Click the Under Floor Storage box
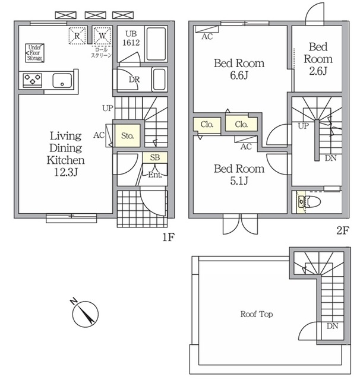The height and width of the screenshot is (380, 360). click(x=34, y=53)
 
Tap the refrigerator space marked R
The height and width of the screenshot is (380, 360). click(x=77, y=36)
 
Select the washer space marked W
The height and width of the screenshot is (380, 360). click(x=102, y=36)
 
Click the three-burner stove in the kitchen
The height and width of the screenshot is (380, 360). click(x=33, y=80)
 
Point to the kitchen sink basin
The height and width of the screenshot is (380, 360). click(x=62, y=80)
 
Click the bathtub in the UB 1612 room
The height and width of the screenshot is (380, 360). click(x=156, y=44)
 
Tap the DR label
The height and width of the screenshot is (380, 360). click(x=134, y=80)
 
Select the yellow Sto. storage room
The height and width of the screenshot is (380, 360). click(x=127, y=135)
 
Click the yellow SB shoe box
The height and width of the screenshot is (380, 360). click(x=155, y=157)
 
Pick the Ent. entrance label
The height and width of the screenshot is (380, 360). click(x=155, y=175)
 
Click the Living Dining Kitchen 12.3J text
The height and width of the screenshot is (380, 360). click(x=65, y=154)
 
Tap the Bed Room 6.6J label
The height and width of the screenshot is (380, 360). click(x=239, y=69)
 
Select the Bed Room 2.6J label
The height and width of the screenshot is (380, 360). click(x=318, y=59)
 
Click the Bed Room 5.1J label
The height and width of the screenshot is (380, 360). click(x=239, y=175)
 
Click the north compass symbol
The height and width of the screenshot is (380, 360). click(x=85, y=313)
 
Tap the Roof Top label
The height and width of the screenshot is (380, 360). click(x=257, y=314)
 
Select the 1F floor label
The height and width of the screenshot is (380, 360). click(x=168, y=237)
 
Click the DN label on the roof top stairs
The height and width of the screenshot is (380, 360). click(x=332, y=326)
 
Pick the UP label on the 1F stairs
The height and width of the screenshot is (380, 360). click(x=108, y=108)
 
